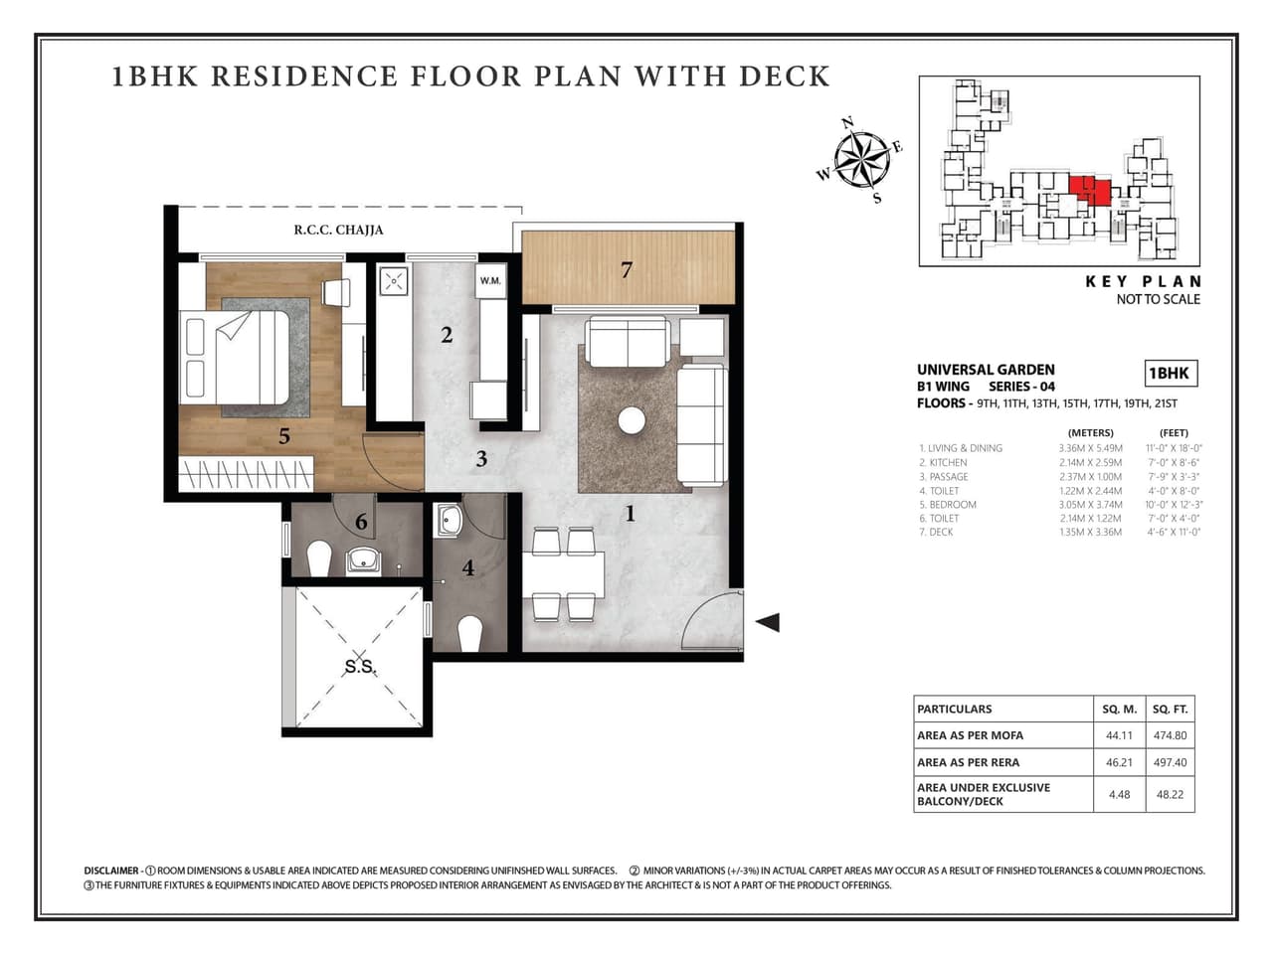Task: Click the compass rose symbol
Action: point(861,159)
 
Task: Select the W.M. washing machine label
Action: point(490,281)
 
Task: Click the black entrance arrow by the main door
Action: point(767,623)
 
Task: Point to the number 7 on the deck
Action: point(627,269)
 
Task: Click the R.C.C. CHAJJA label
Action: point(338,230)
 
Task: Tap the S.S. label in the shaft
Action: point(359,667)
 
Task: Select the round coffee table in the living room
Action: point(632,421)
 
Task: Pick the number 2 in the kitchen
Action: point(447,336)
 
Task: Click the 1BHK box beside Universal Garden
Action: point(1170,374)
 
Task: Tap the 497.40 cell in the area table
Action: point(1170,762)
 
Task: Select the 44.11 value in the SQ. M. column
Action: point(1119,735)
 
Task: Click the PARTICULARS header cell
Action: point(1002,709)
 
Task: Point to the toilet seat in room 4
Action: point(469,633)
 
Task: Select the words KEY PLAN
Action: point(1143,281)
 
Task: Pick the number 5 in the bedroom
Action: point(284,436)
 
